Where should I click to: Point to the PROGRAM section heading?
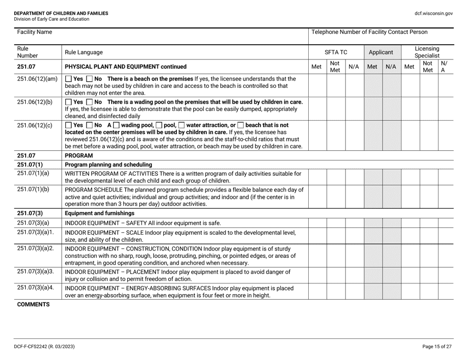[x=80, y=155]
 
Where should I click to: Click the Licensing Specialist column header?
[x=427, y=51]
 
